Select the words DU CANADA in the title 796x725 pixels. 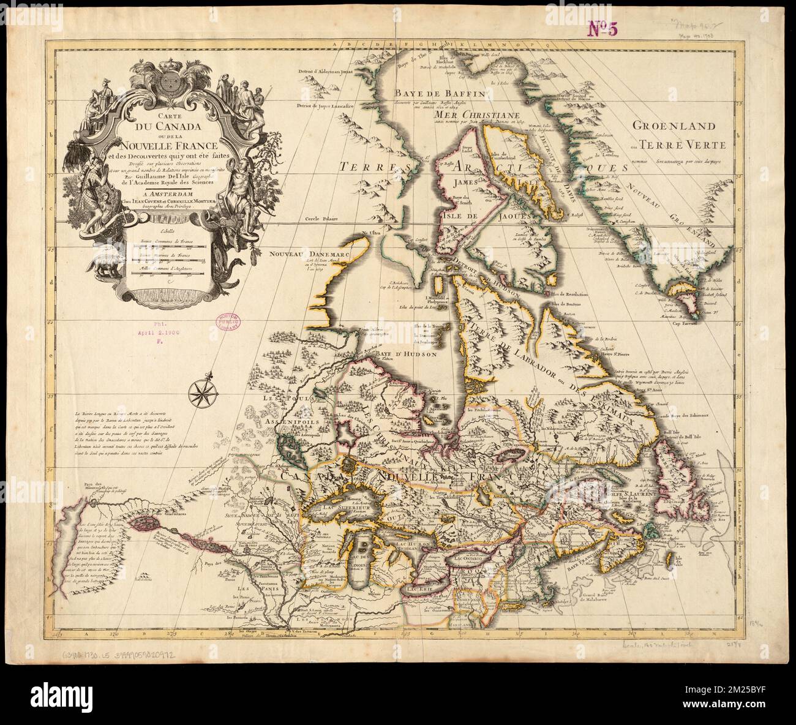tap(164, 127)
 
